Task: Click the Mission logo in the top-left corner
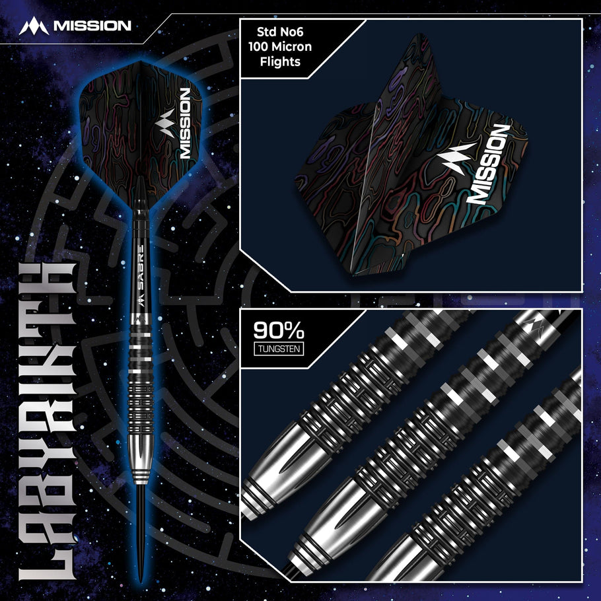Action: click(75, 26)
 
